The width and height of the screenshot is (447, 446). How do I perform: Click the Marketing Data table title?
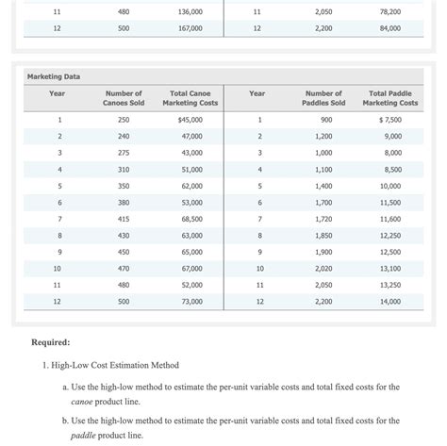click(53, 75)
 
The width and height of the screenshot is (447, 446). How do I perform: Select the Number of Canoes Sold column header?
click(124, 98)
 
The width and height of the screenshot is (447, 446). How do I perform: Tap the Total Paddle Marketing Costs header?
click(389, 98)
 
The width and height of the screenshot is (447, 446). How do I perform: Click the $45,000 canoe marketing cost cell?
click(190, 121)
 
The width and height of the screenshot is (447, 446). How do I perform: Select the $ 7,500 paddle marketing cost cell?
click(389, 121)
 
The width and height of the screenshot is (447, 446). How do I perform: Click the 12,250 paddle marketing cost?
click(389, 235)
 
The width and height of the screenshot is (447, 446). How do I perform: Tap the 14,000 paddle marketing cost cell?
click(389, 301)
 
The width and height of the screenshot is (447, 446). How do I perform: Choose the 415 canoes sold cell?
click(124, 219)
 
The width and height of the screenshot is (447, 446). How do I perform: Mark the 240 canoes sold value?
click(124, 137)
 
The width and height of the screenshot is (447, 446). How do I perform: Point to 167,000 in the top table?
click(190, 29)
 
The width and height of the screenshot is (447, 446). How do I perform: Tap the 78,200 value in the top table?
click(389, 12)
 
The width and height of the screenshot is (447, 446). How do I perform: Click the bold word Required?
click(54, 342)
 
